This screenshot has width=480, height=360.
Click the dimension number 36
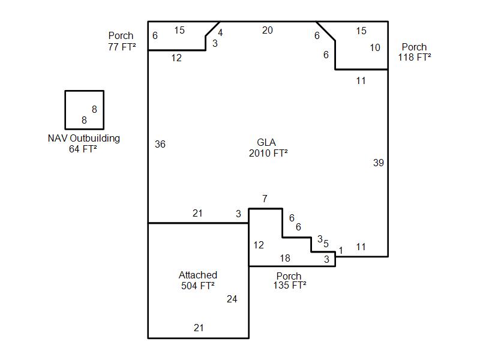coord(160,144)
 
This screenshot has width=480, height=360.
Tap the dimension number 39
coord(379,163)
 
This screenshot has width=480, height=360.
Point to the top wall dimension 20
coord(267,31)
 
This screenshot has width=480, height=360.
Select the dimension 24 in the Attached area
coord(232,299)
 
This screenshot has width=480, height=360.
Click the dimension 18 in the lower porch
coord(285,258)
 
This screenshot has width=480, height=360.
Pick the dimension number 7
coord(265,199)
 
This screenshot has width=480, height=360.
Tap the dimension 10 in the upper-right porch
coord(375,47)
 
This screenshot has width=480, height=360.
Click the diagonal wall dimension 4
coord(220,33)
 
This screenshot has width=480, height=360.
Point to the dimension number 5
coord(326,244)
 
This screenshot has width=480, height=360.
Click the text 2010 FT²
coord(268,153)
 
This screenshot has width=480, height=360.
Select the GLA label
coord(266,142)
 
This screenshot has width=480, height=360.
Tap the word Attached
coord(198,275)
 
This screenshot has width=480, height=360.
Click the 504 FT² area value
coord(198,286)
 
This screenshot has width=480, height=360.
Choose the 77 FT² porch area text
coord(122,47)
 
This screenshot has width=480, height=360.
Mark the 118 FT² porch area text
coord(415,57)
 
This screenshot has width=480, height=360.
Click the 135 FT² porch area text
coord(290,286)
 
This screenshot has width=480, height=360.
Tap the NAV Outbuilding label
coord(84,139)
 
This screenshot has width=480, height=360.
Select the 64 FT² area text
coord(83,149)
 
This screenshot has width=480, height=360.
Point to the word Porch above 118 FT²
coord(414,47)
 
